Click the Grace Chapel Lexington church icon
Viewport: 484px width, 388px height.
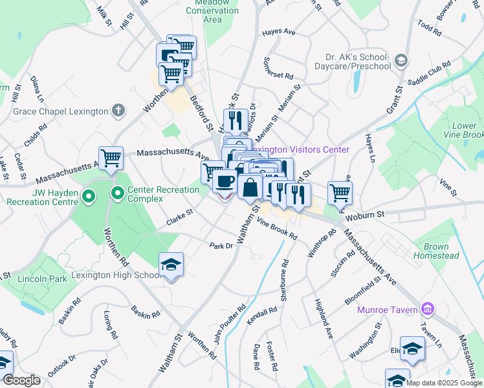click(118, 111)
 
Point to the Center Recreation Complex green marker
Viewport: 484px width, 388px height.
click(118, 193)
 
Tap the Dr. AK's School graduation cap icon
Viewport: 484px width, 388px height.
click(401, 61)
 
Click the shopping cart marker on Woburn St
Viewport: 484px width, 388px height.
click(340, 192)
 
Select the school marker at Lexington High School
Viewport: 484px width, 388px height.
click(171, 264)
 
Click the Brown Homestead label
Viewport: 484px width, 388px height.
click(441, 252)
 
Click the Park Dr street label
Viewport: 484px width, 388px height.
click(221, 246)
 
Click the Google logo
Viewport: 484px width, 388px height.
click(21, 380)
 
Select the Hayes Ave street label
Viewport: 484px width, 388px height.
click(278, 32)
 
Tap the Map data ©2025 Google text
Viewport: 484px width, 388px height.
click(444, 383)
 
